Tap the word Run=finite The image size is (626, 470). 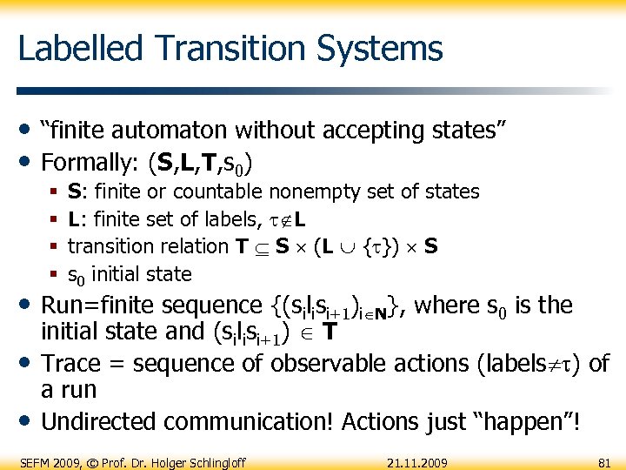(x=103, y=305)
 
